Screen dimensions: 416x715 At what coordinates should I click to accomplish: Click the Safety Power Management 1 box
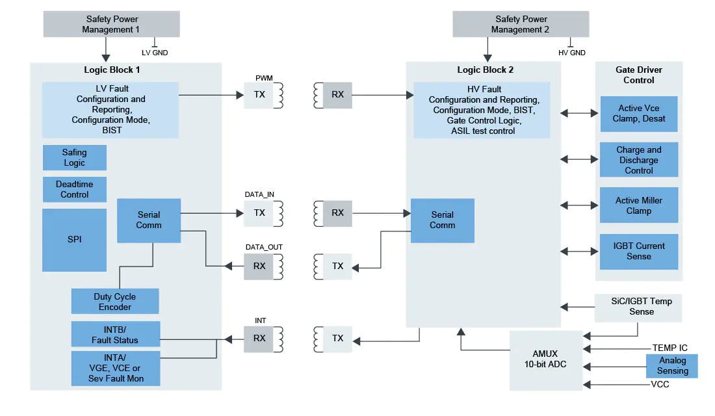tap(112, 24)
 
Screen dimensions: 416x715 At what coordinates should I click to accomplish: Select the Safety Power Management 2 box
tap(520, 24)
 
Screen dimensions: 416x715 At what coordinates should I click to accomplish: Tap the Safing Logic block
tap(74, 157)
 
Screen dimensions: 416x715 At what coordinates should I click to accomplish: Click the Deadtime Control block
tap(74, 189)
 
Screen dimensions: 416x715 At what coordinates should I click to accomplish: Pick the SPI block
tap(74, 239)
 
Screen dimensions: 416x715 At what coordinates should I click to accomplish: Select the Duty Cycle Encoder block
tap(114, 302)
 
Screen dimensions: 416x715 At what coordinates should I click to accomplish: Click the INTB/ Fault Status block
tap(114, 335)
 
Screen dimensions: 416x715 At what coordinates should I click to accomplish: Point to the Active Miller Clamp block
tap(638, 205)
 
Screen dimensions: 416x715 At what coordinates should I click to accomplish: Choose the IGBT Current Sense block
tap(638, 251)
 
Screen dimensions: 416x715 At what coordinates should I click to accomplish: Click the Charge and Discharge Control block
tap(638, 160)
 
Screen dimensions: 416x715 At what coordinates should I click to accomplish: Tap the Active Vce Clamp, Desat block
tap(638, 114)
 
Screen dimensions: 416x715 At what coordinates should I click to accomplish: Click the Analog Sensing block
tap(671, 365)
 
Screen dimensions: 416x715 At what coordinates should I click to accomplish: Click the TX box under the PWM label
tap(259, 95)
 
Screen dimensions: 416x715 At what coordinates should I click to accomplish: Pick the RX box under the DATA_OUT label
tap(259, 266)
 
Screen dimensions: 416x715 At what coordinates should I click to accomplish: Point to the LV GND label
tap(155, 53)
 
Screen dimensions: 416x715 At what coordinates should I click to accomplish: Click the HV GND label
tap(572, 53)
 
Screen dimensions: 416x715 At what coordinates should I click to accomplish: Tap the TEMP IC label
tap(669, 348)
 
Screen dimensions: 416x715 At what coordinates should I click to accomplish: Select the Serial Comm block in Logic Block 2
tap(442, 220)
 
